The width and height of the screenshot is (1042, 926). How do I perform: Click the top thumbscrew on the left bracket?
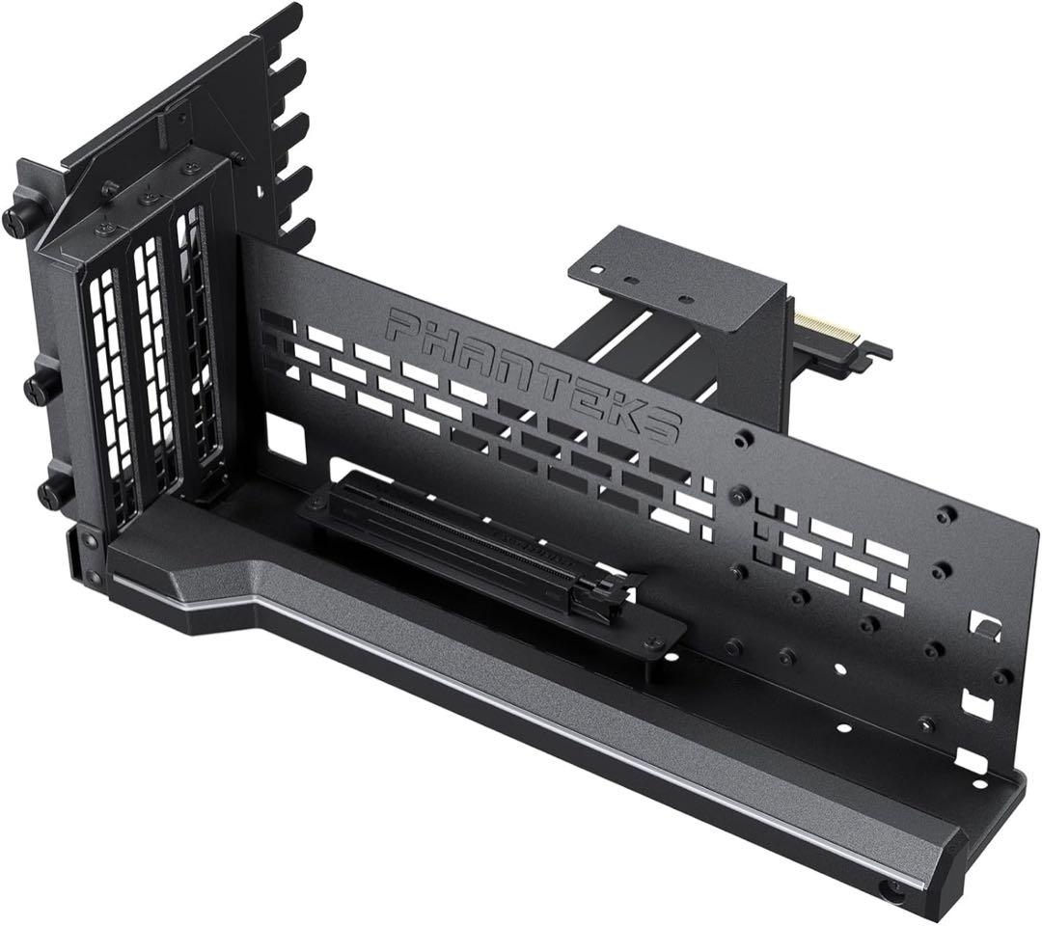click(x=16, y=220)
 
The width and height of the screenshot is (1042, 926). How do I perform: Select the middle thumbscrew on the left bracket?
click(x=40, y=387)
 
